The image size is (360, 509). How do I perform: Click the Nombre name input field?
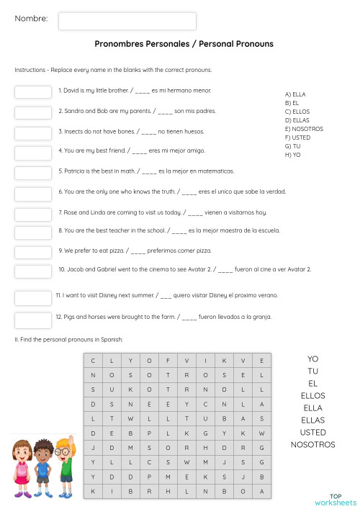[127, 21]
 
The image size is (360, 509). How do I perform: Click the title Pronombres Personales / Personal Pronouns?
[184, 44]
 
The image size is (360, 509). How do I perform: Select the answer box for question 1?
[33, 92]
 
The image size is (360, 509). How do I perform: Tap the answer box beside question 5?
[33, 173]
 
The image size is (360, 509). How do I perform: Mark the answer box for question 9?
[33, 251]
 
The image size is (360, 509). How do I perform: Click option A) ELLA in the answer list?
[296, 94]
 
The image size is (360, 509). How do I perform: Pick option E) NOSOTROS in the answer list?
[304, 129]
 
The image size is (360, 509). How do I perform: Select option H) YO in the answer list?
[293, 155]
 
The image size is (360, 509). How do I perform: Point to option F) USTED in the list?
[298, 138]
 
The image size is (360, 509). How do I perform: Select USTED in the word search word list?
[312, 433]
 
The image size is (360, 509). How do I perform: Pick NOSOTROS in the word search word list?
[312, 445]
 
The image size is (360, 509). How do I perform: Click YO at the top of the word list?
[312, 359]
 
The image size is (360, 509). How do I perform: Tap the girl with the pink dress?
[21, 469]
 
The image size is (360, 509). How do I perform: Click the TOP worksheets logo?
[334, 499]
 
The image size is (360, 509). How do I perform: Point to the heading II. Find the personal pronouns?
[68, 339]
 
